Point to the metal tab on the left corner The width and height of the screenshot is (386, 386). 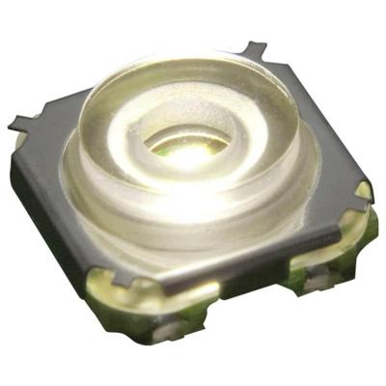21,123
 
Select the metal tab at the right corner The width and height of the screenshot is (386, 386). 364,189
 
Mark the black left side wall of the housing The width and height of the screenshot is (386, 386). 43,203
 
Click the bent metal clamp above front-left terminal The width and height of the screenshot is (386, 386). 125,280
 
